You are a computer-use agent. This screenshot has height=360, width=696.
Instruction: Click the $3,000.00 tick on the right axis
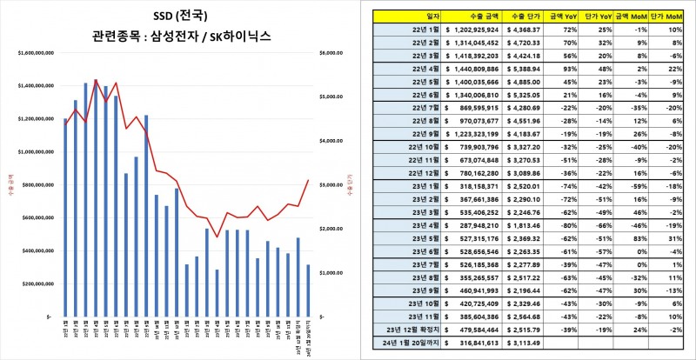tap(334, 185)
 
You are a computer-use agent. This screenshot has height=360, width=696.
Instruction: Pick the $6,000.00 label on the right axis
tap(334, 53)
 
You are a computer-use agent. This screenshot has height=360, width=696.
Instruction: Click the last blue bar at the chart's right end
tap(307, 290)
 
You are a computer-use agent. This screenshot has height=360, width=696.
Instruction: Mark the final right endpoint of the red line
tap(308, 180)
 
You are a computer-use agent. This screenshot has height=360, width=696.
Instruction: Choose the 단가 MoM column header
tap(666, 16)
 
